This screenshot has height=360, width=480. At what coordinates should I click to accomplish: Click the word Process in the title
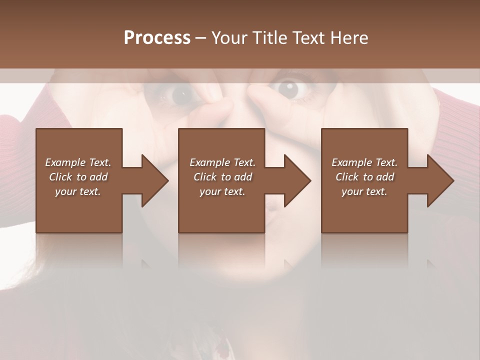pyautogui.click(x=157, y=38)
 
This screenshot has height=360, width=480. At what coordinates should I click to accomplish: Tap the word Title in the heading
pyautogui.click(x=268, y=38)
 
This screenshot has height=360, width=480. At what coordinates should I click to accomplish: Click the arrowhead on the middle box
pyautogui.click(x=296, y=180)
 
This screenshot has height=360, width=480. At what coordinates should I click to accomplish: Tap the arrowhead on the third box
pyautogui.click(x=439, y=180)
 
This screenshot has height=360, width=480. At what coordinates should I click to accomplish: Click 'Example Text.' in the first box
pyautogui.click(x=78, y=162)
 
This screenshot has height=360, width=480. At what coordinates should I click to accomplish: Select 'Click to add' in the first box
pyautogui.click(x=78, y=177)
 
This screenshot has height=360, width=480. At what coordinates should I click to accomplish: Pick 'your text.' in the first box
pyautogui.click(x=78, y=191)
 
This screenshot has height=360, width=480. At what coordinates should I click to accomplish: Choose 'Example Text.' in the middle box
pyautogui.click(x=222, y=162)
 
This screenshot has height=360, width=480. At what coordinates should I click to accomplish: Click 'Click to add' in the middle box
pyautogui.click(x=222, y=177)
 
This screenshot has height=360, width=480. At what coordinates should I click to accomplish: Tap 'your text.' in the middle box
pyautogui.click(x=222, y=191)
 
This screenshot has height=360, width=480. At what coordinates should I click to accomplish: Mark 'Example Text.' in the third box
pyautogui.click(x=364, y=162)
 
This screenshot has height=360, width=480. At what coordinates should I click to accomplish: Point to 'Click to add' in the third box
pyautogui.click(x=364, y=177)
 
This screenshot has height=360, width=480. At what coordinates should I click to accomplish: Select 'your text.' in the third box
pyautogui.click(x=364, y=191)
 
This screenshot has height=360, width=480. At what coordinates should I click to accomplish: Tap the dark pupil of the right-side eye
pyautogui.click(x=288, y=88)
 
